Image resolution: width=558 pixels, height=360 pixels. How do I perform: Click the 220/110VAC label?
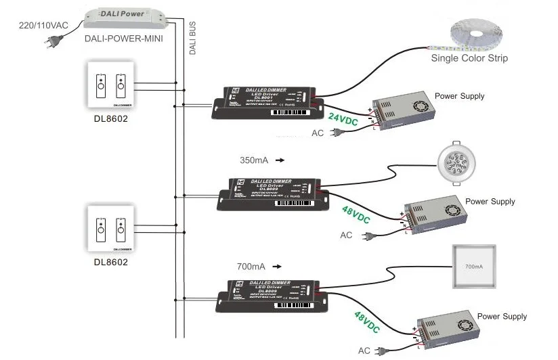coord(42,25)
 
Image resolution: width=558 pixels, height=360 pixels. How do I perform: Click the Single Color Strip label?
coord(469,58)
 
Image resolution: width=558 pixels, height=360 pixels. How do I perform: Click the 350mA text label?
coord(255,161)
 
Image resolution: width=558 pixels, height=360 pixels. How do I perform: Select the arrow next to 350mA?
coord(279,161)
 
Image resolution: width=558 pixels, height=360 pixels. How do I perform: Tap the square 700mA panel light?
coord(474,267)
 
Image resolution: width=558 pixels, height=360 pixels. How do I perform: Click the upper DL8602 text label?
coord(110,118)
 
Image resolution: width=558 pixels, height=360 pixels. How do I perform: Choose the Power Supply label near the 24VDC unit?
coord(459,96)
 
